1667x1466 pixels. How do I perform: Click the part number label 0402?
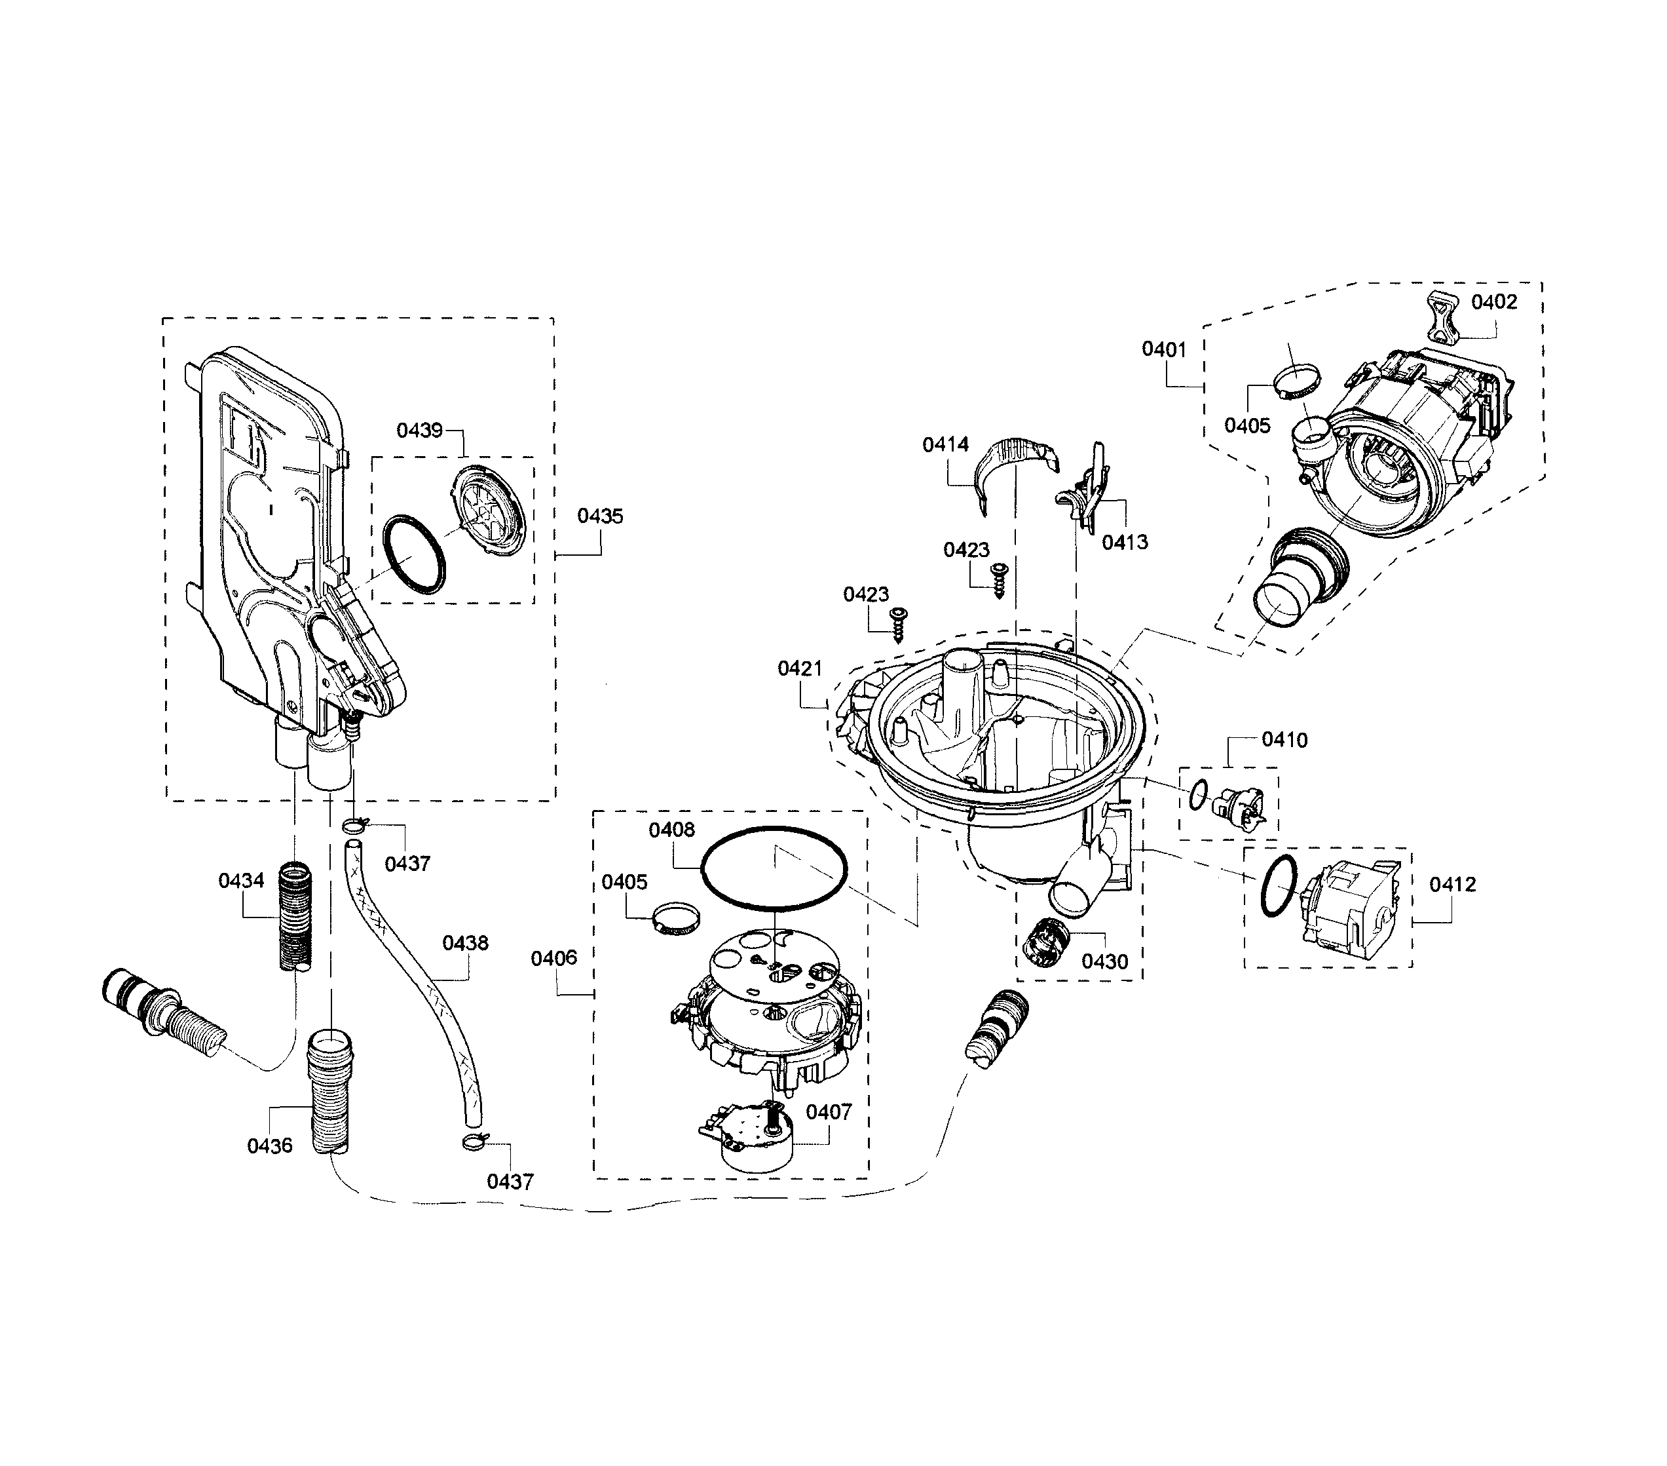[1494, 303]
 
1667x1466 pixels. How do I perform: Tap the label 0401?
[1164, 350]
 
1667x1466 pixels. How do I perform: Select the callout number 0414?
[945, 444]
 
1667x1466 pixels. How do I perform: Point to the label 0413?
[1125, 543]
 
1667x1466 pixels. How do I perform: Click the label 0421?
[800, 669]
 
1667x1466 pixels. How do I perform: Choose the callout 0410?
[1284, 740]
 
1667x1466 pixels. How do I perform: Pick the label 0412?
[1453, 884]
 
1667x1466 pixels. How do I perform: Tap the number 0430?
[1105, 962]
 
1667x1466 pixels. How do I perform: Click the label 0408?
[672, 830]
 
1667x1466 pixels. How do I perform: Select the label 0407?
[829, 1112]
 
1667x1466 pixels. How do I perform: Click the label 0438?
[466, 943]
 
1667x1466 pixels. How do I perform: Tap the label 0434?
[242, 881]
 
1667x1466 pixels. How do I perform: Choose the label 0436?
[270, 1146]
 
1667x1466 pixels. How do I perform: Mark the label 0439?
[419, 431]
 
